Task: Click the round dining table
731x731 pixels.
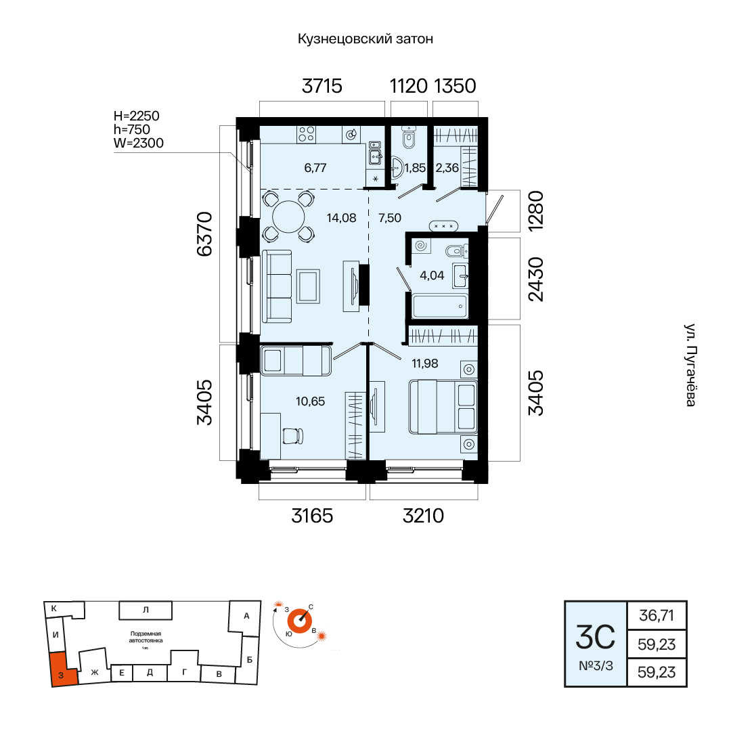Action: click(x=288, y=217)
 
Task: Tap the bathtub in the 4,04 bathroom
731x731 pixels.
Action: click(x=440, y=307)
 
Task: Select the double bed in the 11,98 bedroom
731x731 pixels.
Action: click(x=443, y=407)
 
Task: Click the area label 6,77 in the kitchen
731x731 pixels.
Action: click(x=315, y=167)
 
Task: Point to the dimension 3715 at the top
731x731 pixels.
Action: click(x=322, y=86)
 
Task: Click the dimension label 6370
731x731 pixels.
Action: click(x=204, y=234)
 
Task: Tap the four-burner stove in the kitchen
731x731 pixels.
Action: click(x=307, y=134)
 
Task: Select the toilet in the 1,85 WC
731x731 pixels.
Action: click(x=409, y=137)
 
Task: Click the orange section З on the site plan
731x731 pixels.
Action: click(x=63, y=670)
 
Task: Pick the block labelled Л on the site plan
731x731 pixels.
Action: click(x=146, y=610)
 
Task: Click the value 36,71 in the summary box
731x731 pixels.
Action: click(x=657, y=615)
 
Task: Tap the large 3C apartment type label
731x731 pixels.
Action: click(x=596, y=638)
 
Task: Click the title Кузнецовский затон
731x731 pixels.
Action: click(x=365, y=39)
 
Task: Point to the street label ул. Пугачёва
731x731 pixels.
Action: click(x=690, y=365)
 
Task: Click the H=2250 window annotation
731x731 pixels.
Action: click(x=137, y=116)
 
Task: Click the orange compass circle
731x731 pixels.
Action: click(x=300, y=621)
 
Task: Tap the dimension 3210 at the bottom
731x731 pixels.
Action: click(x=423, y=516)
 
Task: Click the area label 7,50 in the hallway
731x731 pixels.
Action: click(x=390, y=218)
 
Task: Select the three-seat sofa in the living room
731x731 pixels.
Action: click(x=277, y=286)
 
